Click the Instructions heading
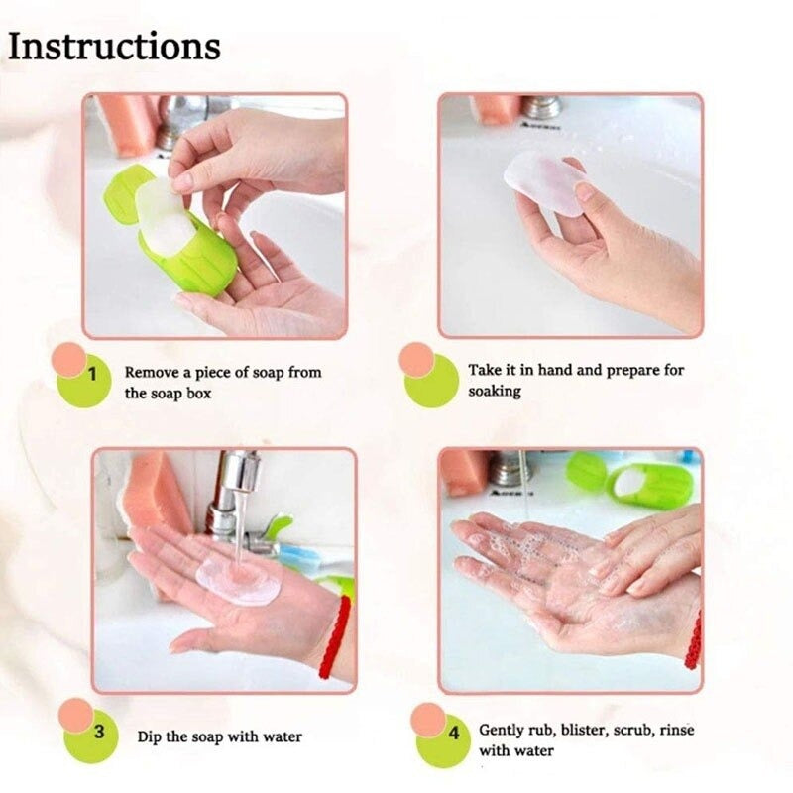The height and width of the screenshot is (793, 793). (115, 46)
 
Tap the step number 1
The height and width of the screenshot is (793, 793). (92, 375)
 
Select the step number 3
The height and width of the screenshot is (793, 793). (98, 733)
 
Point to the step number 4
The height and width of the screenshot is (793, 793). (454, 735)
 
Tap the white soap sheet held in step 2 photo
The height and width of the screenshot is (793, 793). (544, 180)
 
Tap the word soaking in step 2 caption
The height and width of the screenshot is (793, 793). (495, 392)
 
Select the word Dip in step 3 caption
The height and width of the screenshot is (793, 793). (151, 736)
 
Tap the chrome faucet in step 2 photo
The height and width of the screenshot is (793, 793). (541, 107)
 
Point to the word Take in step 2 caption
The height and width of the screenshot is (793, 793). (485, 370)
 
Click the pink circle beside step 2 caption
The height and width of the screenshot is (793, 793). (417, 358)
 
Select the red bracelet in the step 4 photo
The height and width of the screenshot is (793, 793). (693, 639)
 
